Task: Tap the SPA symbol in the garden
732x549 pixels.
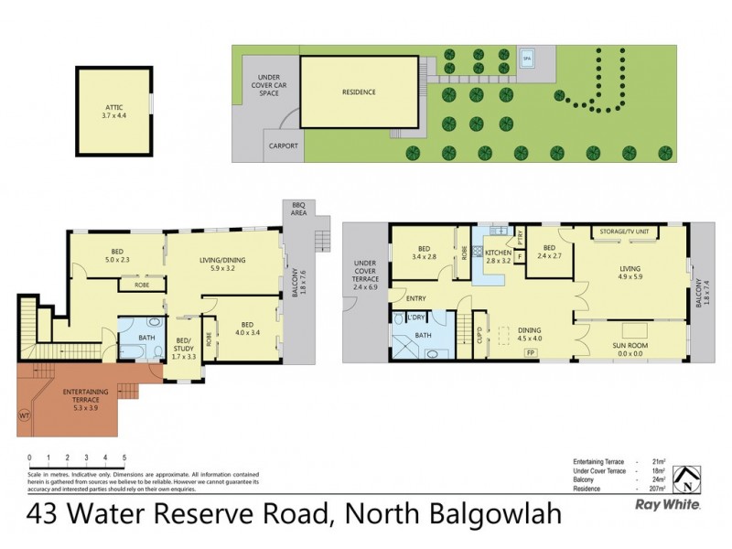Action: click(x=526, y=59)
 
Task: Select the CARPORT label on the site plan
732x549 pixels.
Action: click(x=284, y=145)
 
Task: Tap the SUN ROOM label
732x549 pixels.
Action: click(x=630, y=345)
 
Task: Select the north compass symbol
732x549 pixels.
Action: click(x=681, y=477)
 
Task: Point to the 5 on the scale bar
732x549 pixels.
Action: click(x=124, y=456)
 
